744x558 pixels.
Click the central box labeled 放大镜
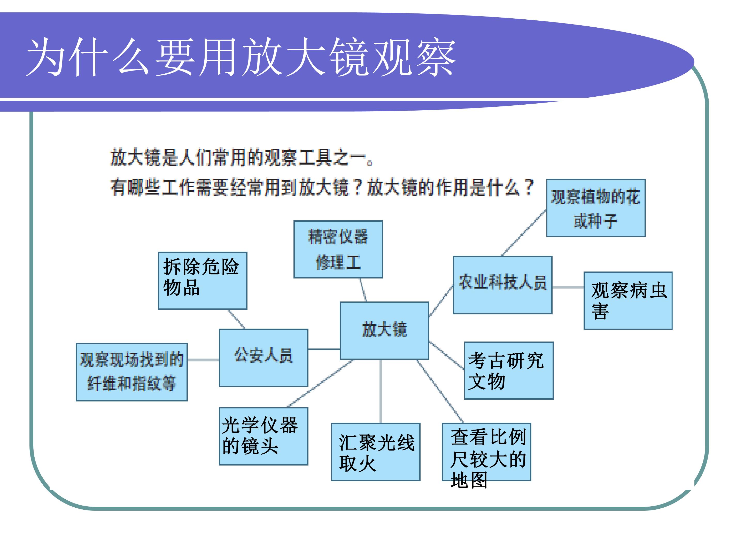pyautogui.click(x=384, y=331)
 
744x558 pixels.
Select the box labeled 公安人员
pyautogui.click(x=263, y=358)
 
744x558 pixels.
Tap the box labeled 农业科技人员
pyautogui.click(x=502, y=285)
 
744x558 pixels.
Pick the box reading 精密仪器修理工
pyautogui.click(x=338, y=249)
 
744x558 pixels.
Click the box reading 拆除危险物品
pyautogui.click(x=203, y=281)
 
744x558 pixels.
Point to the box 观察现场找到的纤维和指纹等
pyautogui.click(x=131, y=372)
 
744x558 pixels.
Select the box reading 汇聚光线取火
pyautogui.click(x=376, y=452)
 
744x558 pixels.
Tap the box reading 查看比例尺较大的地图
pyautogui.click(x=486, y=452)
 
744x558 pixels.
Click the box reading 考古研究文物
pyautogui.click(x=509, y=371)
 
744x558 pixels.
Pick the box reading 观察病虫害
pyautogui.click(x=628, y=301)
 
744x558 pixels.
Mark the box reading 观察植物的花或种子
pyautogui.click(x=596, y=208)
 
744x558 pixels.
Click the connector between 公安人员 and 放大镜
pyautogui.click(x=324, y=349)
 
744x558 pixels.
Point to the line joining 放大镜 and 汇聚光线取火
pyautogui.click(x=381, y=391)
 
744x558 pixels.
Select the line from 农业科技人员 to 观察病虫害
pyautogui.click(x=568, y=287)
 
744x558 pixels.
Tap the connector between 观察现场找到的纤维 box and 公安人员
pyautogui.click(x=203, y=360)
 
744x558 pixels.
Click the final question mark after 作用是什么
pyautogui.click(x=529, y=187)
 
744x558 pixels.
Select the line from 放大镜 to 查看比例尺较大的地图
pyautogui.click(x=440, y=391)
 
